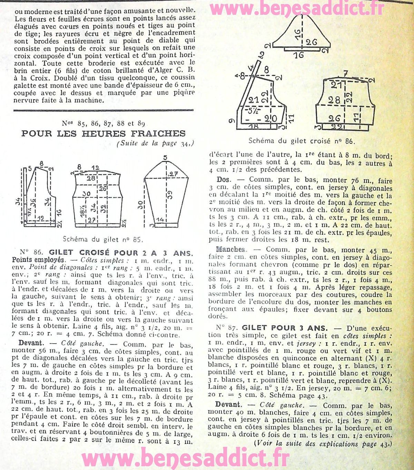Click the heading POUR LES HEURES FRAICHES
tap(103, 133)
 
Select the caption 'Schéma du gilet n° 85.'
tap(103, 239)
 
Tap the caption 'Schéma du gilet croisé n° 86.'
tap(301, 141)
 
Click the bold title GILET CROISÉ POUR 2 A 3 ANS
tap(121, 252)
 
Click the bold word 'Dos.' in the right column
tap(224, 180)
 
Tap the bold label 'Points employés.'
tap(38, 260)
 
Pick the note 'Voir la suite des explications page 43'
tap(323, 443)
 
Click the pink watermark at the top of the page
tap(297, 9)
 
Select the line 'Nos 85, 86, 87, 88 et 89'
tap(103, 123)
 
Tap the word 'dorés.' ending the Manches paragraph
tap(218, 316)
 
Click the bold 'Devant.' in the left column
tap(31, 343)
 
